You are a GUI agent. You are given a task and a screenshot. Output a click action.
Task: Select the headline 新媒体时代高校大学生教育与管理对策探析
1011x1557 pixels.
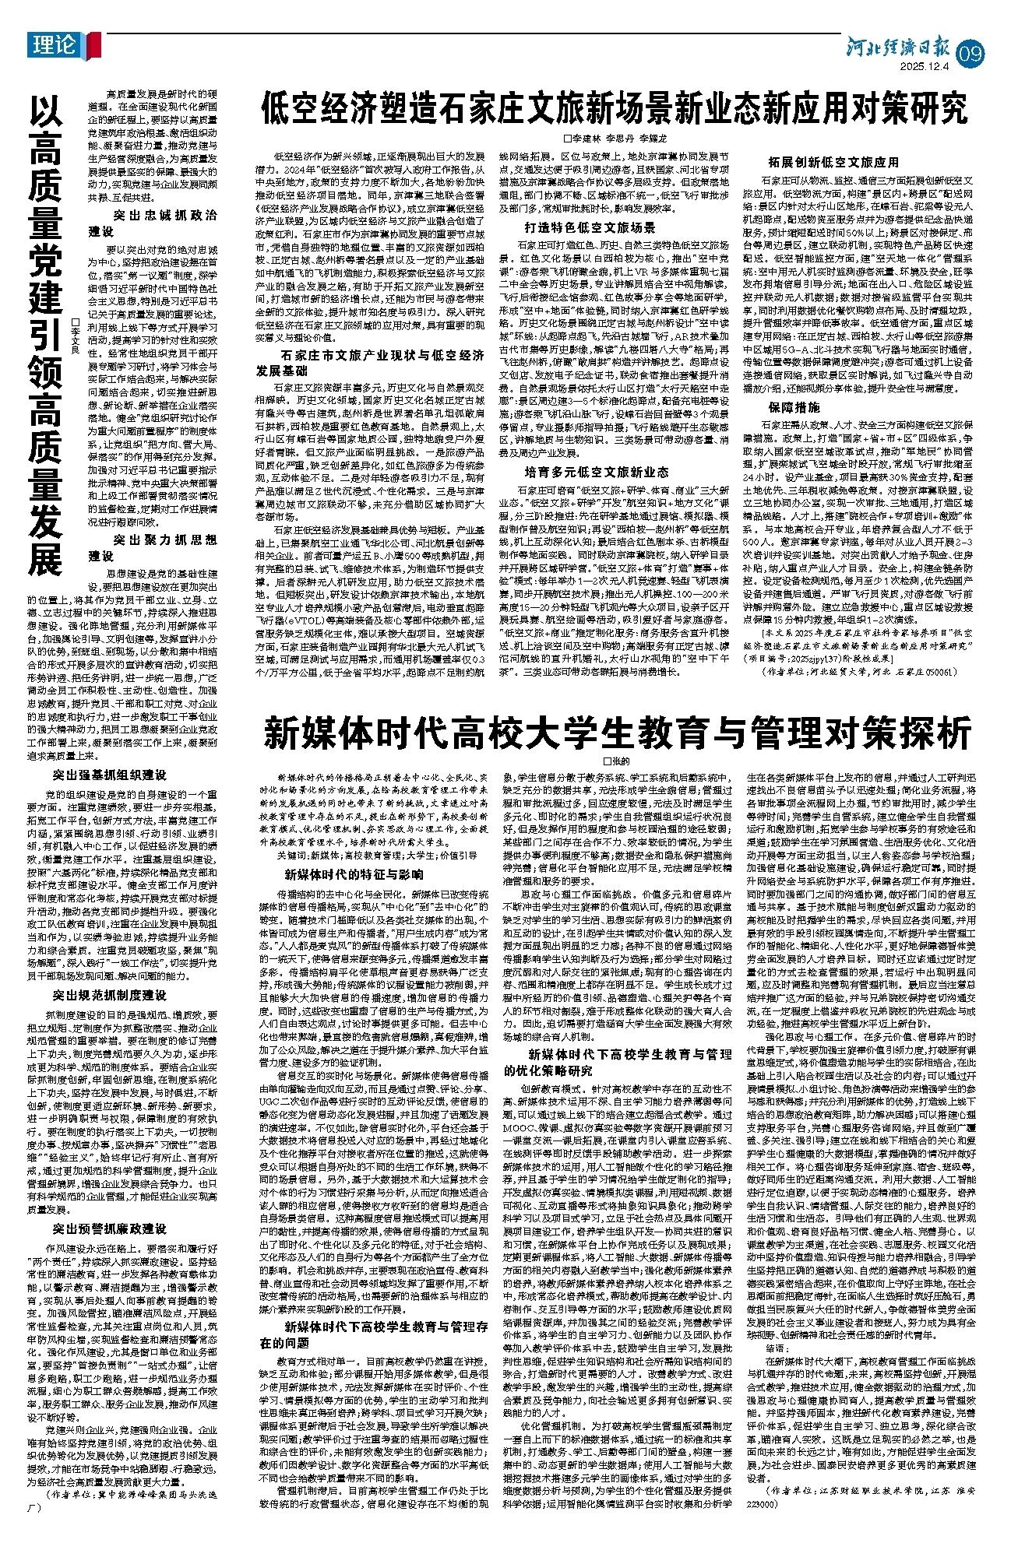[x=619, y=733]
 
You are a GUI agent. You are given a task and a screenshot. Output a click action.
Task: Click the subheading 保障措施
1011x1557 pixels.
[x=794, y=406]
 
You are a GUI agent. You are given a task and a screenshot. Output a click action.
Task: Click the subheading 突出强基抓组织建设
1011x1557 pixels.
[x=109, y=775]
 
